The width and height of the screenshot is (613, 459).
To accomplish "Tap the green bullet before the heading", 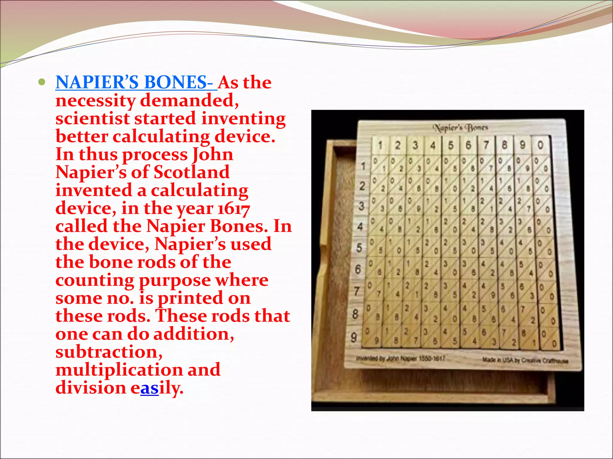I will point(42,82).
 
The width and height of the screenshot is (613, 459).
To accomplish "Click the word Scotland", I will point(192,172).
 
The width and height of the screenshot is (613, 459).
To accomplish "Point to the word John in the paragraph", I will point(213,155).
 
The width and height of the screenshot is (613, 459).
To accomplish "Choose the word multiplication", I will point(119,370).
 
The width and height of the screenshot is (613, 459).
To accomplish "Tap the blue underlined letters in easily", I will point(149,388).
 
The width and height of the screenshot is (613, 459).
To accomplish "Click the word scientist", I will point(92,119).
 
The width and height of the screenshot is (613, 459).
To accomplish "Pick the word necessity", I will point(95,101).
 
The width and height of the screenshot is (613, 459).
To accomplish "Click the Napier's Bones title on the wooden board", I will point(461,128).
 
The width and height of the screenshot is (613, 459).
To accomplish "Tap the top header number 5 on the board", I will point(451,146).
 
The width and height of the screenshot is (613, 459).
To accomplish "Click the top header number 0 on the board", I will point(540,145).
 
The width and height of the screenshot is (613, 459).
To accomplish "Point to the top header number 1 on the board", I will point(380,146).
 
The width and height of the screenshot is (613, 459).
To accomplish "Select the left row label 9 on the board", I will point(354,337).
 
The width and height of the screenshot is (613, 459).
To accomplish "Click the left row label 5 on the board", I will point(359,248).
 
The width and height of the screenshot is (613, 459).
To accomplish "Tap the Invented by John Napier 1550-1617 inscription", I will point(400,358).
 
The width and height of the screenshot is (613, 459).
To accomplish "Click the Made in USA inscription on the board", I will point(525,360).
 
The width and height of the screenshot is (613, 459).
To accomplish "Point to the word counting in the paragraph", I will point(95,281).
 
